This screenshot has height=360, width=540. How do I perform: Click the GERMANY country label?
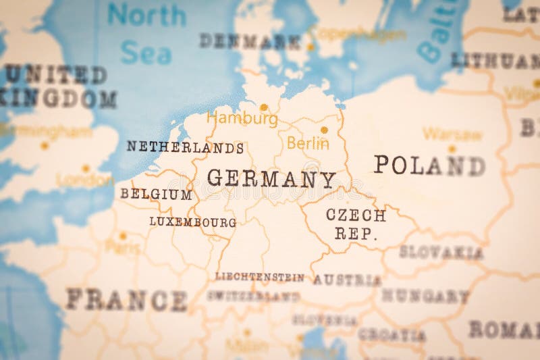tap(271, 179)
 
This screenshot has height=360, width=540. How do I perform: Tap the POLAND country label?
tap(429, 165)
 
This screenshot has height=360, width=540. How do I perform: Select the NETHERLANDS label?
tap(185, 147)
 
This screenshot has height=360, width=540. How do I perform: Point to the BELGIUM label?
tap(156, 195)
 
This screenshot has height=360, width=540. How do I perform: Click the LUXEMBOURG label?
tap(192, 222)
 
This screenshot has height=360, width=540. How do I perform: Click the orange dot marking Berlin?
tap(324, 130)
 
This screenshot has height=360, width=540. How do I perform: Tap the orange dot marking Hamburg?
tap(263, 107)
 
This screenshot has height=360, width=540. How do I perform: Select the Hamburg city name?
tap(242, 120)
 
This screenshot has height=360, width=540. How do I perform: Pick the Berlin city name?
tap(308, 143)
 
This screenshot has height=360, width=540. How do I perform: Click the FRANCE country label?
tap(126, 299)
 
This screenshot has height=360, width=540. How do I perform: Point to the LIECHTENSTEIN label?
tap(259, 276)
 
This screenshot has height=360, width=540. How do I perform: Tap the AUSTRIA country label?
tap(347, 280)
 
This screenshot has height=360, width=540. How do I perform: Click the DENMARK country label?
tap(250, 41)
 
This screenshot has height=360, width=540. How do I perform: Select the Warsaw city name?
tap(452, 134)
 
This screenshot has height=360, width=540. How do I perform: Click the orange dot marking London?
tap(86, 168)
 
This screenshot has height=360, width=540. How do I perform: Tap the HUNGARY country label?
tap(425, 296)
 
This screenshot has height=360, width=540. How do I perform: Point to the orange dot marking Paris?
tap(123, 236)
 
